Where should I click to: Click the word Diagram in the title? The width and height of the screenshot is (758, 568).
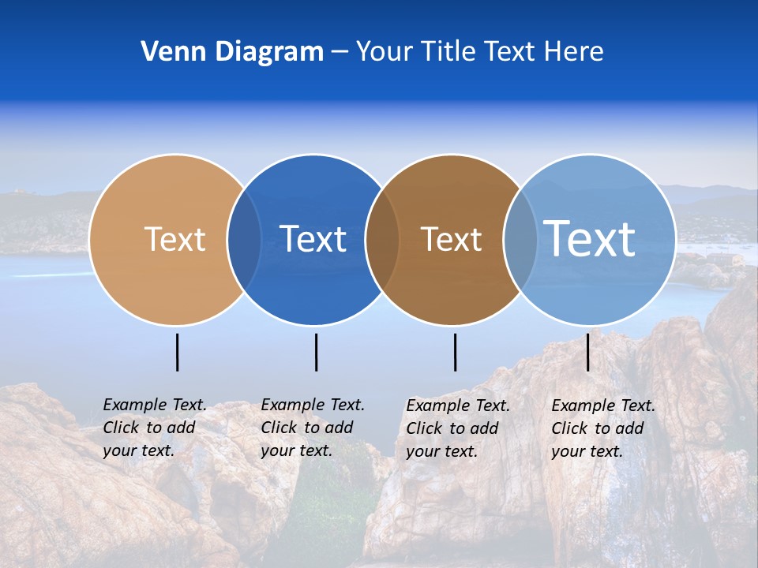coord(269,51)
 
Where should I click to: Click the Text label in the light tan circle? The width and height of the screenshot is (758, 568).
coord(174,239)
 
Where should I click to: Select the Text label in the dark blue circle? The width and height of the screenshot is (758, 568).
coord(313,239)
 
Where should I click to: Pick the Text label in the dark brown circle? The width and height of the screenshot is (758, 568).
coord(451,239)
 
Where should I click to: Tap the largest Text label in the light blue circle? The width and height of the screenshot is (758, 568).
coord(590,238)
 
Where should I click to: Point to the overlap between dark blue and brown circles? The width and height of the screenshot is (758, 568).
coord(382,240)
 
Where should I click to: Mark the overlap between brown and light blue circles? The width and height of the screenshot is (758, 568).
coord(520,240)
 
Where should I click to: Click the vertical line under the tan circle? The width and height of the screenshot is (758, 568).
coord(178,352)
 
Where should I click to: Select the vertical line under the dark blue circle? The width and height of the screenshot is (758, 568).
coord(316,352)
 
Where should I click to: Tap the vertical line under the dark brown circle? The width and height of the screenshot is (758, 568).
coord(456,352)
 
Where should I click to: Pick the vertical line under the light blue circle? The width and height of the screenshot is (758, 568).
coord(587,352)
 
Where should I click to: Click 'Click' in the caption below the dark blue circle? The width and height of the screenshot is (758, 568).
coord(279,428)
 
